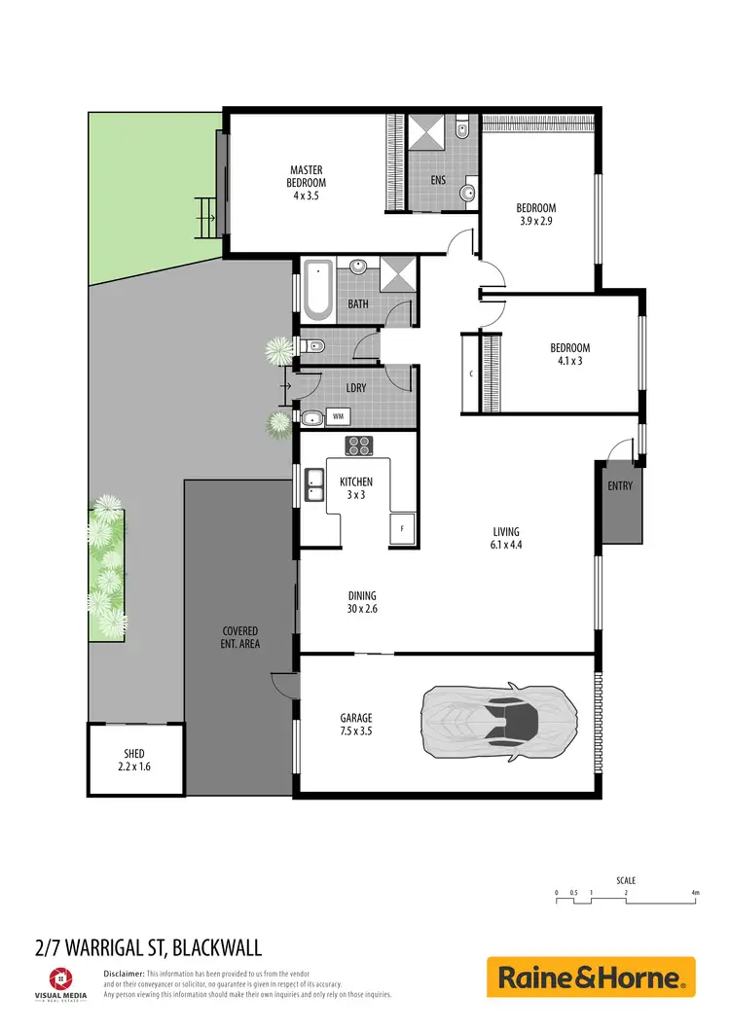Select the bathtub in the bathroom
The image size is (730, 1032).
[x=316, y=289]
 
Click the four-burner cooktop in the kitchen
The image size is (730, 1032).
[x=358, y=445]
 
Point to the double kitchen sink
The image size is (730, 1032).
[x=314, y=484]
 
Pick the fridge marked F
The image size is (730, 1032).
[x=402, y=529]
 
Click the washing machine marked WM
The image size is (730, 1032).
[x=338, y=416]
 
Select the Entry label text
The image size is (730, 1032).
[x=620, y=485]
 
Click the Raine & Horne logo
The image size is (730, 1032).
[x=591, y=977]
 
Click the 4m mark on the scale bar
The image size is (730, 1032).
[x=695, y=892]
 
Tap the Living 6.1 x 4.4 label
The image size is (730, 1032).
[x=505, y=538]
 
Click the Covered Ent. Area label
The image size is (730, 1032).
[x=240, y=637]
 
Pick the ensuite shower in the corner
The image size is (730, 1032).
[x=425, y=132]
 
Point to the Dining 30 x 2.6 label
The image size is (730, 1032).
[x=362, y=602]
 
